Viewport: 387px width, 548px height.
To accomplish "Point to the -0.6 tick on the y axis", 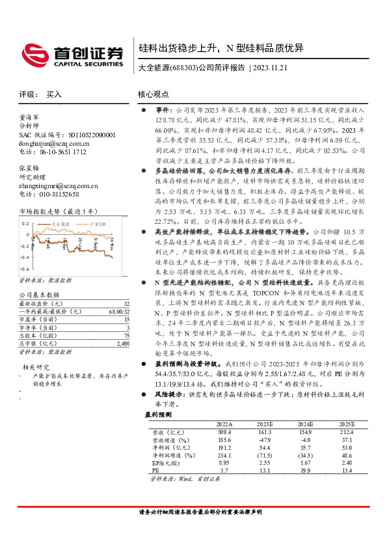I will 24,268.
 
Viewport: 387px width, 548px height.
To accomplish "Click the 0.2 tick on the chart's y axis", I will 25,223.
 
